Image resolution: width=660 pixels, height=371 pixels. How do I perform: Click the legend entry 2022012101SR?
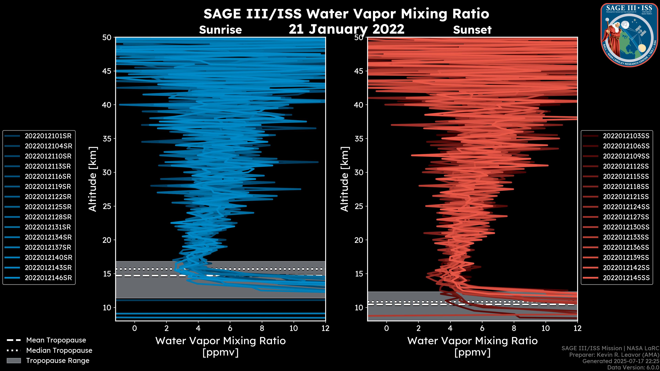48,136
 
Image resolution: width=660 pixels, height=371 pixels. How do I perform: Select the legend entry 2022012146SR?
48,278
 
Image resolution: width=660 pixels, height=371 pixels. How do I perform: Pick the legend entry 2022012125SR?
48,207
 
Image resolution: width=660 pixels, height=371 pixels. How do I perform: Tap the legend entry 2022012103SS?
626,136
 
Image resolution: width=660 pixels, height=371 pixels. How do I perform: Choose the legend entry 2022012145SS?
626,278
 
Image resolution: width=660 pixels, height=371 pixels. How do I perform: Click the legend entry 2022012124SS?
626,207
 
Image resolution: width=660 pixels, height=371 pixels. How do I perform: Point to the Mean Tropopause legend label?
56,340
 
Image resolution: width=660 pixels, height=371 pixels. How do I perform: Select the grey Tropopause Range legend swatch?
14,361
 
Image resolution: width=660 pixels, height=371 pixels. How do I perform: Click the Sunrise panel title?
220,30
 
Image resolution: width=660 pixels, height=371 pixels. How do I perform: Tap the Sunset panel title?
472,30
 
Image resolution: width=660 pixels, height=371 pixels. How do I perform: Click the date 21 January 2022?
346,29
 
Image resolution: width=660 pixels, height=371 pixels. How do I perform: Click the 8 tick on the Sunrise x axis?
262,328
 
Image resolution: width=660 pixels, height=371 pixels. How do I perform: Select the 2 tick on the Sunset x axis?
418,328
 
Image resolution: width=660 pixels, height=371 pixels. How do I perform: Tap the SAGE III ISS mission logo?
629,35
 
